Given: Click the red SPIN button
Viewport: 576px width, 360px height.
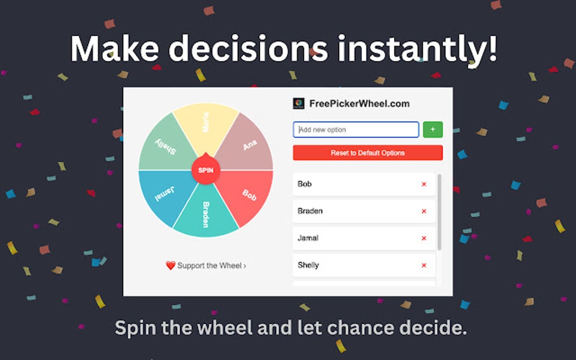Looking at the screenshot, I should click(206, 170).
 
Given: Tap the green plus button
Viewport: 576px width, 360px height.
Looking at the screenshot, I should click(433, 130).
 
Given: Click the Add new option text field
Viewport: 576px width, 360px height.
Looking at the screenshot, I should click(356, 130).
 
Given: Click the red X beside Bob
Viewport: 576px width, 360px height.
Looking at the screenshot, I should click(424, 184).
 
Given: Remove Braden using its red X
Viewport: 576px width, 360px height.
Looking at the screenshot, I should click(424, 211).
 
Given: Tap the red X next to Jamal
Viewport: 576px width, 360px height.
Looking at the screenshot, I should click(424, 238).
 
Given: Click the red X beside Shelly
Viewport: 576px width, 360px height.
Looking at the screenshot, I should click(424, 265).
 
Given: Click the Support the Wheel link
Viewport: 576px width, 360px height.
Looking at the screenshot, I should click(211, 266).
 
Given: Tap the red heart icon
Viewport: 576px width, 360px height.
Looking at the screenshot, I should click(171, 266).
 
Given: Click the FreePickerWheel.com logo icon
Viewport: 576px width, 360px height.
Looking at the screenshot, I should click(299, 104).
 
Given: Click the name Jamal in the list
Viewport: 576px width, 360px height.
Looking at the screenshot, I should click(308, 238).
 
